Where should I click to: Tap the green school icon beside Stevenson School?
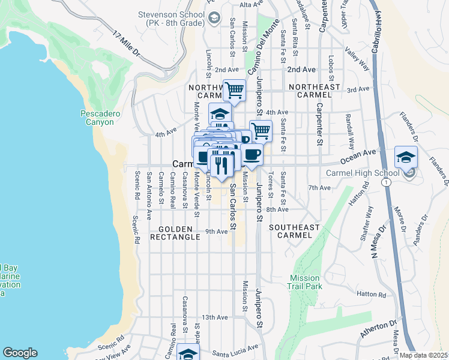[x=213, y=19]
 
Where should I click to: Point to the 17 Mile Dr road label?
[x=125, y=45]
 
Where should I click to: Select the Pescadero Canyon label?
[x=97, y=118]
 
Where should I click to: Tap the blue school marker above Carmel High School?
[x=406, y=158]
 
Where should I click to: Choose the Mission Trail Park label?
[x=306, y=282]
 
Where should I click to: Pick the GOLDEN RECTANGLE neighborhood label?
[x=179, y=233]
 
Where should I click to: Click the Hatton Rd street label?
[x=370, y=295]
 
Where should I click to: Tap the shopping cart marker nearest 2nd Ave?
[x=234, y=91]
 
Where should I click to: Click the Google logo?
[x=20, y=353]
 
